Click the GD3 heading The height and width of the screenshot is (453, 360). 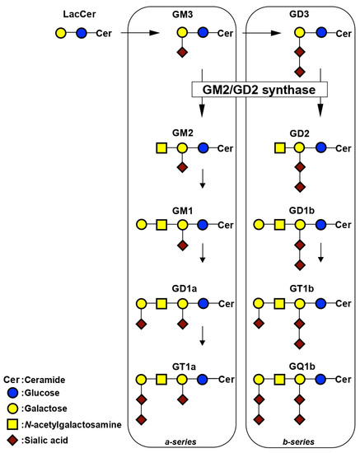[x=301, y=14]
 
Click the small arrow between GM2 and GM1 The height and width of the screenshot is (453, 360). [x=203, y=180]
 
